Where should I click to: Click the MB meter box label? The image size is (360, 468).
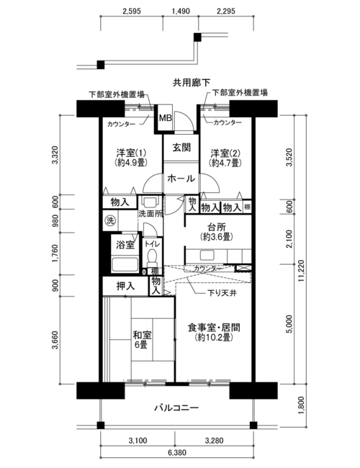165,118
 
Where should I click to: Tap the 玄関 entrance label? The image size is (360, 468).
181,147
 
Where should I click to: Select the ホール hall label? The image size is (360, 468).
181,179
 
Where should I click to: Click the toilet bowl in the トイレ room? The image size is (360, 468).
153,256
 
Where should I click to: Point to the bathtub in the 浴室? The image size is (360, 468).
125,264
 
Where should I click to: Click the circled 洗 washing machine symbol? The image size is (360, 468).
110,221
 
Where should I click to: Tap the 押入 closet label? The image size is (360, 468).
125,286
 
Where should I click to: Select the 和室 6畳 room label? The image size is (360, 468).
142,340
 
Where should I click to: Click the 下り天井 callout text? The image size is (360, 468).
222,293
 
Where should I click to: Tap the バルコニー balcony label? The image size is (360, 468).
176,408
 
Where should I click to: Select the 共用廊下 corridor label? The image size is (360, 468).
192,83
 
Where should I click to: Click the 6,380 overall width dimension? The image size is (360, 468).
177,453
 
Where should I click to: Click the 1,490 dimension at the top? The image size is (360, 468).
181,12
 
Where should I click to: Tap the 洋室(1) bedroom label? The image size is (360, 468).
131,153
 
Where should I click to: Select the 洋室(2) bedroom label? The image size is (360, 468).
225,153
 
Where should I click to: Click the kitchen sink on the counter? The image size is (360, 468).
207,255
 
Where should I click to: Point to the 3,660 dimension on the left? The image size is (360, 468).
55,340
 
